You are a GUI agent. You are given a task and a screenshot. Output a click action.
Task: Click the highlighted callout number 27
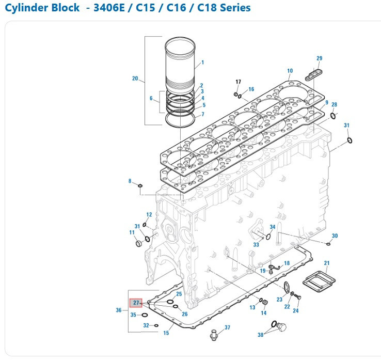click(136, 303)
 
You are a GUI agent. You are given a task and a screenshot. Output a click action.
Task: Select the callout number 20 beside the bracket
click(135, 79)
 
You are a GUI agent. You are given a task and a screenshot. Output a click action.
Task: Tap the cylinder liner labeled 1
click(180, 62)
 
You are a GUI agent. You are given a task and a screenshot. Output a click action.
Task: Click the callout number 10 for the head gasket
click(290, 71)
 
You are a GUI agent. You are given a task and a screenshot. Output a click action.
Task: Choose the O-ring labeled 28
click(333, 115)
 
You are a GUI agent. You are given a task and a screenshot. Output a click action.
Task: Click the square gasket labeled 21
click(320, 282)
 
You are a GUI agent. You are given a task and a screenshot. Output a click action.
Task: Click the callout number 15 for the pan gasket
click(166, 333)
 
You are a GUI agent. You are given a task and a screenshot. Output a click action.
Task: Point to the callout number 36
click(119, 310)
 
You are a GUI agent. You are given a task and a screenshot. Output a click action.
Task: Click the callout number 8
click(130, 181)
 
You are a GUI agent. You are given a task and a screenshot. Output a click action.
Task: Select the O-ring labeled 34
click(268, 237)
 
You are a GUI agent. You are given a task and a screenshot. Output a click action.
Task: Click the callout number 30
click(335, 236)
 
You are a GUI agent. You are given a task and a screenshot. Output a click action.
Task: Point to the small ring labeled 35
click(145, 315)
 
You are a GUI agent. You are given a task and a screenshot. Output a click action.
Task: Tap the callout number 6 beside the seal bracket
click(151, 98)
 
